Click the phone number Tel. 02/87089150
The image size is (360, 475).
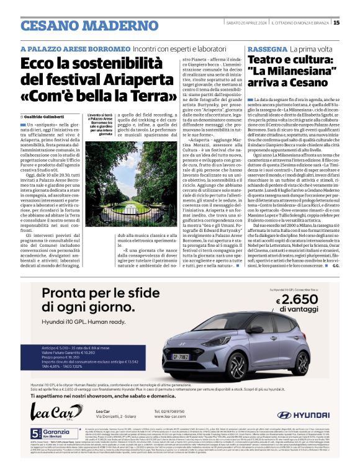click(178, 411)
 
